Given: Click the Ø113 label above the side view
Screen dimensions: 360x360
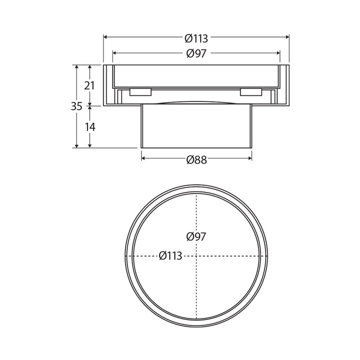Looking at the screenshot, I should click(x=196, y=38).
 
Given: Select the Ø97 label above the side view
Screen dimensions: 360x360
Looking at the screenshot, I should click(x=196, y=53).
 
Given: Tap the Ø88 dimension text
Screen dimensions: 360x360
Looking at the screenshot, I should click(x=196, y=159).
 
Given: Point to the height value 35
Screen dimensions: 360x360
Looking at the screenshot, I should click(x=76, y=106).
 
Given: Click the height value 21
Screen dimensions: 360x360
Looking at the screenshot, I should click(x=89, y=85).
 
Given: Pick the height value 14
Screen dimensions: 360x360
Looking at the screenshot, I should click(x=89, y=127).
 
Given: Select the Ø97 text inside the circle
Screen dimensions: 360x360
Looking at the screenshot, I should click(x=195, y=236).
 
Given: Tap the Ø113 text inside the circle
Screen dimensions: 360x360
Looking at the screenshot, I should click(x=170, y=256).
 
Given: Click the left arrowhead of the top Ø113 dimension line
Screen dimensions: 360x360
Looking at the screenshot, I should click(x=106, y=37).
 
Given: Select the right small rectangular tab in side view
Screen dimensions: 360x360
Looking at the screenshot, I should click(x=250, y=92).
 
